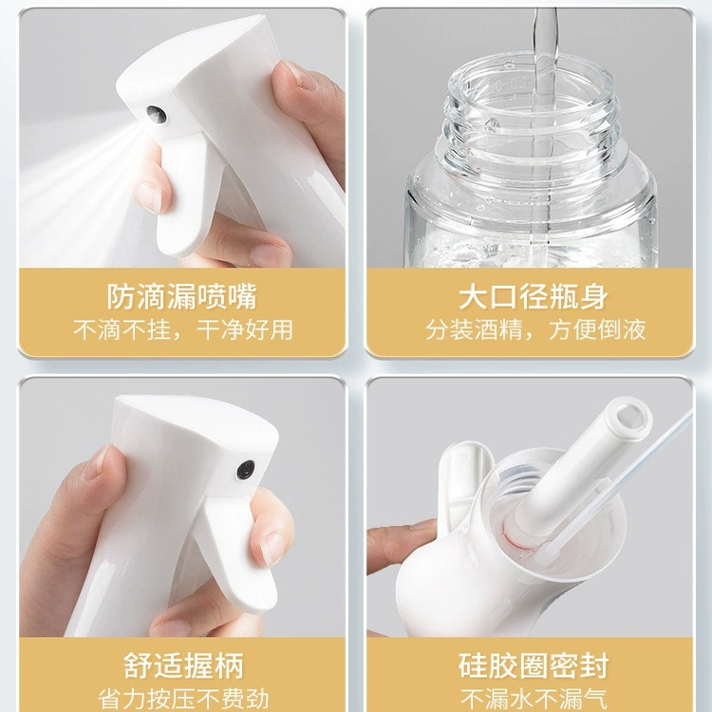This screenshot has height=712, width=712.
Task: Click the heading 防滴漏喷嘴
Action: (x=183, y=296)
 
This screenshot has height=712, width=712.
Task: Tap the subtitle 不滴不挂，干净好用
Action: (x=183, y=329)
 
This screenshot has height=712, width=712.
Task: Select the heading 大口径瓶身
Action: (x=534, y=296)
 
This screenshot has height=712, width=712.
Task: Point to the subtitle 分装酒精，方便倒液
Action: (x=534, y=329)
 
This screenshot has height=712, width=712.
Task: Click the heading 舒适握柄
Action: (x=183, y=664)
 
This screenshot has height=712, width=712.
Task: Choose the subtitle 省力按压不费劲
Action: (x=183, y=699)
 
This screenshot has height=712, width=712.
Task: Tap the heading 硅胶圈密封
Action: (x=534, y=664)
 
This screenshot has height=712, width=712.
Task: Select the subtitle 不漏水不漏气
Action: (x=534, y=699)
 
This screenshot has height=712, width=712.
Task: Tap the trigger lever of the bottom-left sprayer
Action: (x=235, y=551)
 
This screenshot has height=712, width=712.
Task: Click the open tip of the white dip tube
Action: (x=628, y=415)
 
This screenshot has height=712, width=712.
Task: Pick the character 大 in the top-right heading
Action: (x=473, y=296)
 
